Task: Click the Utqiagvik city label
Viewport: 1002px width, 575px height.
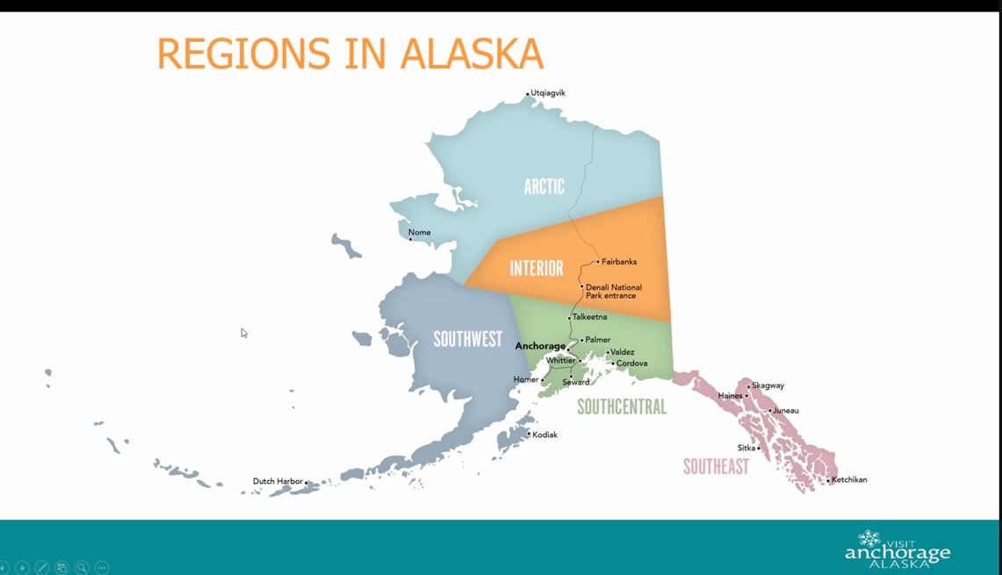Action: (x=548, y=93)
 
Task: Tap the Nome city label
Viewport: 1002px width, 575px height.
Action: (x=419, y=233)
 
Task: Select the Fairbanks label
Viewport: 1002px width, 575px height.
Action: (x=618, y=262)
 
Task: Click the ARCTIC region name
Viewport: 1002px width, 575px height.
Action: (x=544, y=187)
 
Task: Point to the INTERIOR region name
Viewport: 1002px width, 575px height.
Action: (x=537, y=269)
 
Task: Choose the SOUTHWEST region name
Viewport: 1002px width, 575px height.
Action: (x=468, y=339)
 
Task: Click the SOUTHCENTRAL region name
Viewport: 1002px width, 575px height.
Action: (x=622, y=407)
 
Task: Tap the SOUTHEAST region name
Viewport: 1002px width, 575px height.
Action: (x=716, y=466)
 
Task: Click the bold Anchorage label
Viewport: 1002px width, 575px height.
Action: (x=540, y=346)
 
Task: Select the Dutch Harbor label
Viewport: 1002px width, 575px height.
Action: (x=278, y=481)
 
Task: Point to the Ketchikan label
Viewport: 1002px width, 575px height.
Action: (x=849, y=480)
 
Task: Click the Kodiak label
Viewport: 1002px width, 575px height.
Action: (x=544, y=435)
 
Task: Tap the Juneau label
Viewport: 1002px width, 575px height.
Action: (x=786, y=411)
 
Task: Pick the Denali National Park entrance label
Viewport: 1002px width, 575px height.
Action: (x=614, y=291)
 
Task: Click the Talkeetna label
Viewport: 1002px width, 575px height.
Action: (x=589, y=317)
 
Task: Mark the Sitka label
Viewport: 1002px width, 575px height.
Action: (x=746, y=448)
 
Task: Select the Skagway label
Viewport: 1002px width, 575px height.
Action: (x=768, y=385)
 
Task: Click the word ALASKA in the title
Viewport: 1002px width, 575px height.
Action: (x=472, y=54)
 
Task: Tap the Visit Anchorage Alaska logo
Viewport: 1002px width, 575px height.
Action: (x=897, y=550)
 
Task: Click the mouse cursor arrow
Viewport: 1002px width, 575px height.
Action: (x=244, y=333)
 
